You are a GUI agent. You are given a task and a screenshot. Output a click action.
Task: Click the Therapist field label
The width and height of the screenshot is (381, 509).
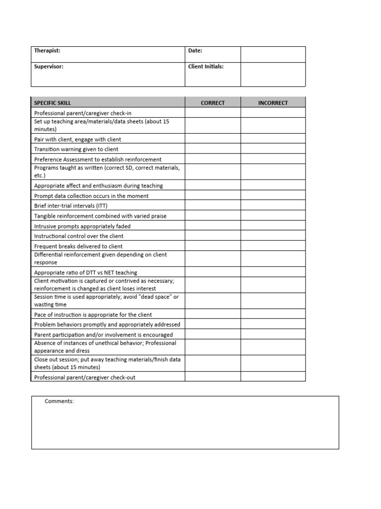click(47, 51)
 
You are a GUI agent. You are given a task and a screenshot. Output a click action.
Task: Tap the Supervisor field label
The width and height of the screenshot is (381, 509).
click(49, 67)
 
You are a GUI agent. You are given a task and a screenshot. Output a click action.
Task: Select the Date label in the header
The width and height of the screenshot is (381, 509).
click(195, 51)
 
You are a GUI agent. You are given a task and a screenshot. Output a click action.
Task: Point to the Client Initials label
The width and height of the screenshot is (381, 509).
click(206, 67)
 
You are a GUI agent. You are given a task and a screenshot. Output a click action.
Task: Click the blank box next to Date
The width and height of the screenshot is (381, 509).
click(273, 54)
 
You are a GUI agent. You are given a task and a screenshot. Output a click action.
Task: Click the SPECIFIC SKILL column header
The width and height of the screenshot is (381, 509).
click(53, 103)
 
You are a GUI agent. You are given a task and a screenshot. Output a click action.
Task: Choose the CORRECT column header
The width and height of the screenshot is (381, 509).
click(213, 103)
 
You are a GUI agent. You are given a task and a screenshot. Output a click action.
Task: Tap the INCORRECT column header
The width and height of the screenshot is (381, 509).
click(273, 103)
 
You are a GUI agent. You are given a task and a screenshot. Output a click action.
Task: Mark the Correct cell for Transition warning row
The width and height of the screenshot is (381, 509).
click(213, 149)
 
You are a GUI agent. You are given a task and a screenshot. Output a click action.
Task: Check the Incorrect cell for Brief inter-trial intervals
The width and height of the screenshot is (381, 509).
click(273, 206)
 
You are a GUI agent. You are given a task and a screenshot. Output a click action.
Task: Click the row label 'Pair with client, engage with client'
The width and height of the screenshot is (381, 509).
click(77, 140)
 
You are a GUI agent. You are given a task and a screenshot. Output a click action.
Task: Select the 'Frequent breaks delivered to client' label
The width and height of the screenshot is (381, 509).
click(78, 247)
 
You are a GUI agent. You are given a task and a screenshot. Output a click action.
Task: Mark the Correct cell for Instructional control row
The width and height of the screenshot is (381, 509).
click(213, 236)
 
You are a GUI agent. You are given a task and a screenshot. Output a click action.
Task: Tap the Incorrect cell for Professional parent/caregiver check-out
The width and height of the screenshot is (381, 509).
click(273, 377)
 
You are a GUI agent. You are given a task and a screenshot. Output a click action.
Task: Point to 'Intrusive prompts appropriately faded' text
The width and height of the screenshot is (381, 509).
click(82, 226)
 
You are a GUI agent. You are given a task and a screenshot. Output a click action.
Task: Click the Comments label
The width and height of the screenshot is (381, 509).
click(59, 401)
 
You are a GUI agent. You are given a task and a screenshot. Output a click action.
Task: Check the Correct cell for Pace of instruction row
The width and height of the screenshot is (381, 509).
click(213, 315)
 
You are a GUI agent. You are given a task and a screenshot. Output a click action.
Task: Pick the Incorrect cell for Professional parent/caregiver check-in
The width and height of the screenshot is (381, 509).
click(273, 113)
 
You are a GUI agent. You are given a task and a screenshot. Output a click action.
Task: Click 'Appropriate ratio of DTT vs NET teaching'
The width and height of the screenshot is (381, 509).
click(85, 272)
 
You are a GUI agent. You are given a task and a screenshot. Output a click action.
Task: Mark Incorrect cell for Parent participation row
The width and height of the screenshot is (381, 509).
click(273, 335)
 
